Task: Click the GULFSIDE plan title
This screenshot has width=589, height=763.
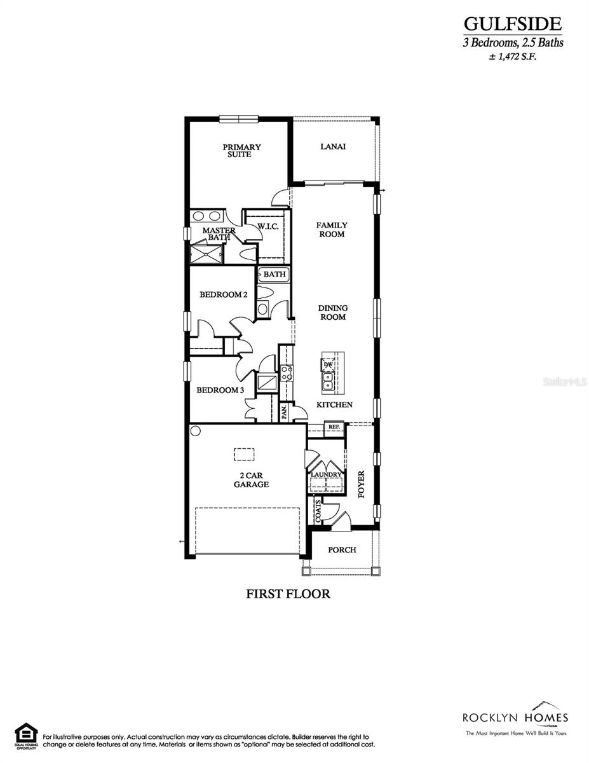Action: (x=512, y=24)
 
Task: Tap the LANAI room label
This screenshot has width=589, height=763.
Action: (x=333, y=146)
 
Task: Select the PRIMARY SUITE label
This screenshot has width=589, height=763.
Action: (x=241, y=151)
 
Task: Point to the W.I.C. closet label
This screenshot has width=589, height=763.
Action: (x=267, y=226)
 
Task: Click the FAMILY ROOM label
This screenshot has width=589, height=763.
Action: (x=332, y=230)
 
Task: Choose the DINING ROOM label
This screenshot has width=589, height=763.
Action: (x=332, y=312)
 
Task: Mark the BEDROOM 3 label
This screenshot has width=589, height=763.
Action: (x=220, y=390)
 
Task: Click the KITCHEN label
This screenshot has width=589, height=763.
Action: (x=334, y=404)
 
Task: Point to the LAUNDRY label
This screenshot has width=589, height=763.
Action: (x=327, y=474)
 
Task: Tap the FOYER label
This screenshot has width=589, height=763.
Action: (x=362, y=484)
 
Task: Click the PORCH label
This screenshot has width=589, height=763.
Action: (x=342, y=549)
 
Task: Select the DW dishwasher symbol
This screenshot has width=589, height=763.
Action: (x=328, y=364)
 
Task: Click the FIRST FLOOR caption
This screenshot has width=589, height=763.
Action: (x=288, y=594)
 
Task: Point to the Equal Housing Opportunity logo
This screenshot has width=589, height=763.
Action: (x=26, y=735)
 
